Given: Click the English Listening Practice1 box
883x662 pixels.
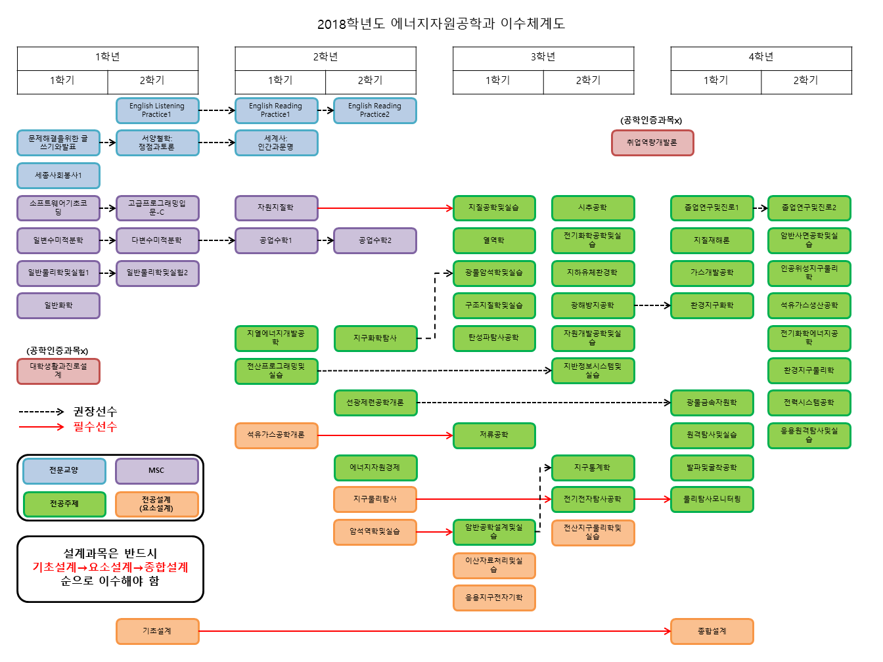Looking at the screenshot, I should pos(157,110).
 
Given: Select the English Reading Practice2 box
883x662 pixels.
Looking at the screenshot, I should pos(374,110).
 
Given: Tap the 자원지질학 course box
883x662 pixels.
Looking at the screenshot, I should pos(276,208).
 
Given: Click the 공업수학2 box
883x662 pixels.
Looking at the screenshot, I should pos(374,240).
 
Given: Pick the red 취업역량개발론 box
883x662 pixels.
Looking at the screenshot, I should pos(652,143).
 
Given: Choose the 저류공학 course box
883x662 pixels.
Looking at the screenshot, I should pos(493,435).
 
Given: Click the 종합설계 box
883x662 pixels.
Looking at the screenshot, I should pos(712,631).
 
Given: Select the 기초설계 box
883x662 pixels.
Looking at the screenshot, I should pos(157,631).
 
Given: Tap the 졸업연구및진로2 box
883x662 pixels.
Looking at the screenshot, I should pos(809,208).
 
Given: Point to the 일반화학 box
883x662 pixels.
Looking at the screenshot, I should pos(58,305).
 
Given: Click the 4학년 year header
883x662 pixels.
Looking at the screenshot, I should pos(761,57).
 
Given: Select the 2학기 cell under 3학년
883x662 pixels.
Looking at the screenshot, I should pos(588,81).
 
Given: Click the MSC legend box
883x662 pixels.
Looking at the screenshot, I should pos(156,471).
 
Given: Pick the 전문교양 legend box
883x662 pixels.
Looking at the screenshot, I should pos(64,471).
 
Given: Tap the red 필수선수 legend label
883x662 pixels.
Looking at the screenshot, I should pos(95,427).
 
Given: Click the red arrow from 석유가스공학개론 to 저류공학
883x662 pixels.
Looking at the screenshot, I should pos(385,435).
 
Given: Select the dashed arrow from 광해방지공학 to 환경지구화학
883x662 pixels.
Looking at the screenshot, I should pos(652,305).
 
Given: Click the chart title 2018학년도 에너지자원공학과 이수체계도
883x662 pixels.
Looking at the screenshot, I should pos(441,24).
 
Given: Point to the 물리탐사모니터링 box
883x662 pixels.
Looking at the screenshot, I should pos(712,499).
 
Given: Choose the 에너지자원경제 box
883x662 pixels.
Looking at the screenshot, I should pos(374,468).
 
